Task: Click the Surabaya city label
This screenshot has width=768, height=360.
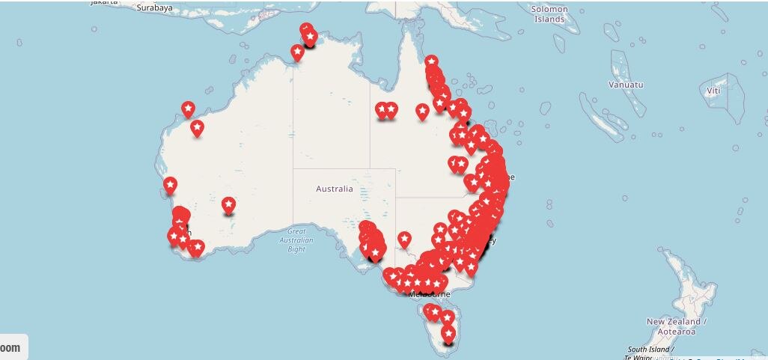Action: point(155,7)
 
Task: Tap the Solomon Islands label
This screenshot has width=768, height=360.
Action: point(550,13)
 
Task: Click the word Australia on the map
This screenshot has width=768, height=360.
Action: point(334,189)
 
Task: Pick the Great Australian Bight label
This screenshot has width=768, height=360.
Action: point(296,240)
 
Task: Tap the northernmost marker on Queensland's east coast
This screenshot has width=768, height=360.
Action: point(431,61)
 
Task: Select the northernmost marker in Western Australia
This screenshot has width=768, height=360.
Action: point(188,109)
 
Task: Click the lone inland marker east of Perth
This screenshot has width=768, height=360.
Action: point(228,204)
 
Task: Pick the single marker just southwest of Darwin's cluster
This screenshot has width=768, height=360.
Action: point(297,52)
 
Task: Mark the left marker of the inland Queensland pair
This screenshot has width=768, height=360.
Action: point(382,111)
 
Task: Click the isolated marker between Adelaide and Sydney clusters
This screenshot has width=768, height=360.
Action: point(404,240)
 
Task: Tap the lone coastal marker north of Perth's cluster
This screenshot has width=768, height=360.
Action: point(170,184)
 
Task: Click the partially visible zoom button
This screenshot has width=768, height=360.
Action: point(13,347)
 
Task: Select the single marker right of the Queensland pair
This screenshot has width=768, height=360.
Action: point(422,112)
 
